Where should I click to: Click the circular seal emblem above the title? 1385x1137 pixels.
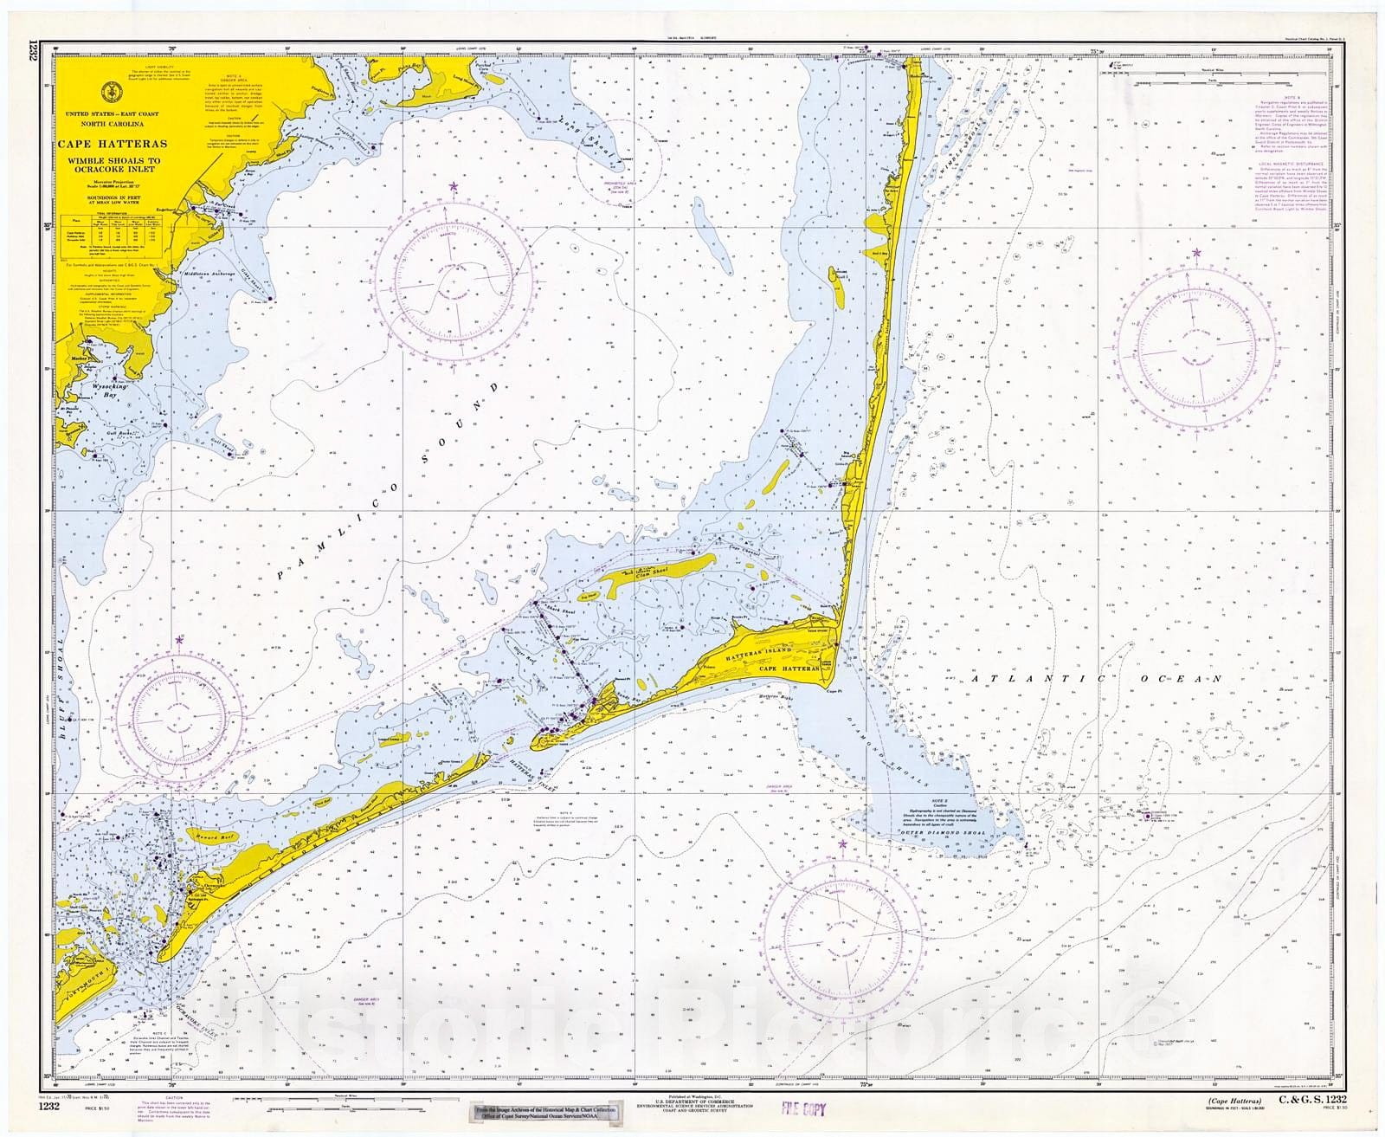[x=111, y=90]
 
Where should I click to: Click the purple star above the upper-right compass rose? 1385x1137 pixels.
[x=1197, y=252]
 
